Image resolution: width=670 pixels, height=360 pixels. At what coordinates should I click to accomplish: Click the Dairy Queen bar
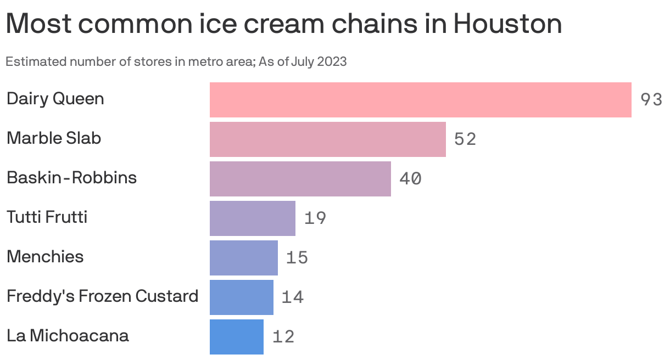pyautogui.click(x=421, y=100)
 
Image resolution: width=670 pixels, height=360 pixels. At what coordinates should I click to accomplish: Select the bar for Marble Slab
pyautogui.click(x=328, y=139)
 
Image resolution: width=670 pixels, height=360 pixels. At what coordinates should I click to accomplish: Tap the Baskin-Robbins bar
pyautogui.click(x=300, y=179)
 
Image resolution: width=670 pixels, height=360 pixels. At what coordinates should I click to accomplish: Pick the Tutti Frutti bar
pyautogui.click(x=253, y=218)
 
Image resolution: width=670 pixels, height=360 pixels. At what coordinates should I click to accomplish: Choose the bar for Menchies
pyautogui.click(x=244, y=258)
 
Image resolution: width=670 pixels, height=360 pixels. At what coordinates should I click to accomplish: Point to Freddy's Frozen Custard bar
pyautogui.click(x=242, y=297)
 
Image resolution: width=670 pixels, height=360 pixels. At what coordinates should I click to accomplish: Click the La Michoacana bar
pyautogui.click(x=237, y=337)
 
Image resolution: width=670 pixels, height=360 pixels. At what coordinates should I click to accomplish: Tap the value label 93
pyautogui.click(x=651, y=99)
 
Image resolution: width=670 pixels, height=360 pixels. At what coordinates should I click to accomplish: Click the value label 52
pyautogui.click(x=465, y=139)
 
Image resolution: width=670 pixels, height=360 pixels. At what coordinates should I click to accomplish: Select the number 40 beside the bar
pyautogui.click(x=410, y=178)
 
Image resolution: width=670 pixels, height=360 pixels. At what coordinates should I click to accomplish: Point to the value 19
pyautogui.click(x=315, y=218)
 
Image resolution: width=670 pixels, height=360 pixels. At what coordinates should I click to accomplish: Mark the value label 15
pyautogui.click(x=297, y=257)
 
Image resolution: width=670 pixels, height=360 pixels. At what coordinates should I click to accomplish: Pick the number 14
pyautogui.click(x=293, y=297)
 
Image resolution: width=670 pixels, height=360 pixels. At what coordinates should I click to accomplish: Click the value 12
pyautogui.click(x=283, y=336)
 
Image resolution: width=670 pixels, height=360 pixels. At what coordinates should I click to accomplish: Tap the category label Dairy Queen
pyautogui.click(x=55, y=99)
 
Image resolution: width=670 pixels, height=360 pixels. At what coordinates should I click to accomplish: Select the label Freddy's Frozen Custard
pyautogui.click(x=103, y=296)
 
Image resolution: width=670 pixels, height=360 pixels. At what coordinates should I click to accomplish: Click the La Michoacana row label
pyautogui.click(x=68, y=335)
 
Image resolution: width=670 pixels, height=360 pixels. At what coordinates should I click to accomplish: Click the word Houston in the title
pyautogui.click(x=507, y=24)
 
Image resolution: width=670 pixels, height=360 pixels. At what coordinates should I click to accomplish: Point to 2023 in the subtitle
pyautogui.click(x=332, y=61)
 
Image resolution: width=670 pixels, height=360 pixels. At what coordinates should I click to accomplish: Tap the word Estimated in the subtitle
pyautogui.click(x=36, y=61)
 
